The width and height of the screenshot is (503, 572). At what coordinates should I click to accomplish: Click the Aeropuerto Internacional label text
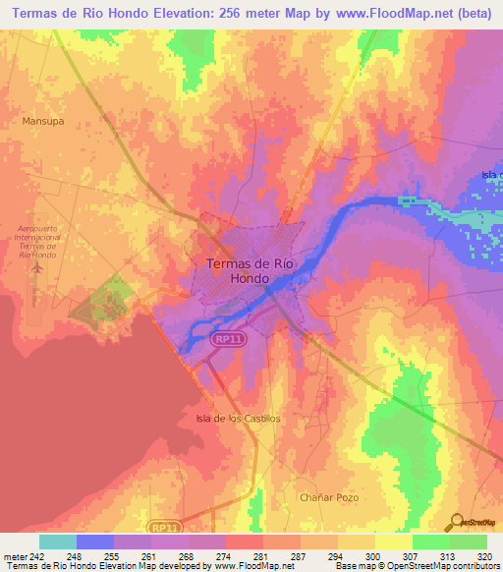pos(39,237)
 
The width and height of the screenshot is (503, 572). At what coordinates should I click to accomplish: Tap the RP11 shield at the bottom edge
pos(171,528)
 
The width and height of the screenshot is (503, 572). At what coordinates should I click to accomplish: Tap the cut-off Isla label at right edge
pos(491,175)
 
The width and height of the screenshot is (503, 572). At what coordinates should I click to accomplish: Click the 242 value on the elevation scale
pos(37,555)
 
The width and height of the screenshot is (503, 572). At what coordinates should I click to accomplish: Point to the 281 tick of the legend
pos(261,555)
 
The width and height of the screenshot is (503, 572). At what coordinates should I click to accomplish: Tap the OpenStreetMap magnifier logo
pos(457,521)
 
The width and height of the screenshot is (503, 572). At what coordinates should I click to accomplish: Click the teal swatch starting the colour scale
pos(58,542)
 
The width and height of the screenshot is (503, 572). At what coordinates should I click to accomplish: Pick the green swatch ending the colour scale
pos(469,542)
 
